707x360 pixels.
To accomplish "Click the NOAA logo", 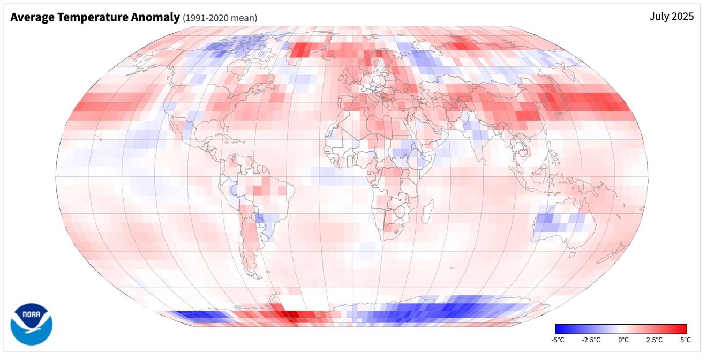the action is [x=32, y=324].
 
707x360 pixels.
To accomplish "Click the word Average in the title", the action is [x=32, y=17].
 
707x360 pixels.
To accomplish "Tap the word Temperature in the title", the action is [x=93, y=17].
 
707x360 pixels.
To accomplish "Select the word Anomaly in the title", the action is [x=155, y=17].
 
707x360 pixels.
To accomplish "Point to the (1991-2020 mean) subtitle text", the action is [x=220, y=18].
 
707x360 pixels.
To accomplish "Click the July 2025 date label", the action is [x=672, y=17].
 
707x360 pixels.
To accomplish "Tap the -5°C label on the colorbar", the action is [x=558, y=340].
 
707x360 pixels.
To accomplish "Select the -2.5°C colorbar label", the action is [x=591, y=340].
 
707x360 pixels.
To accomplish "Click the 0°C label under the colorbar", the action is [x=623, y=340].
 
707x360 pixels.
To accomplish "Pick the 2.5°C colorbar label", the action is [x=655, y=340].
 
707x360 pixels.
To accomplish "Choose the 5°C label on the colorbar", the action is [x=685, y=340].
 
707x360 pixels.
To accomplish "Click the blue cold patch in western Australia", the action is [x=548, y=222].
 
